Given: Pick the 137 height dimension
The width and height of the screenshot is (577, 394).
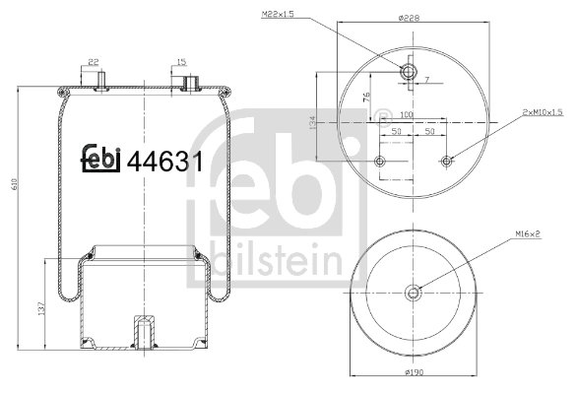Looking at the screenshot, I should [38, 307].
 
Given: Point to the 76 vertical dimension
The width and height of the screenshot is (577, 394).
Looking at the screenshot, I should [365, 97].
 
